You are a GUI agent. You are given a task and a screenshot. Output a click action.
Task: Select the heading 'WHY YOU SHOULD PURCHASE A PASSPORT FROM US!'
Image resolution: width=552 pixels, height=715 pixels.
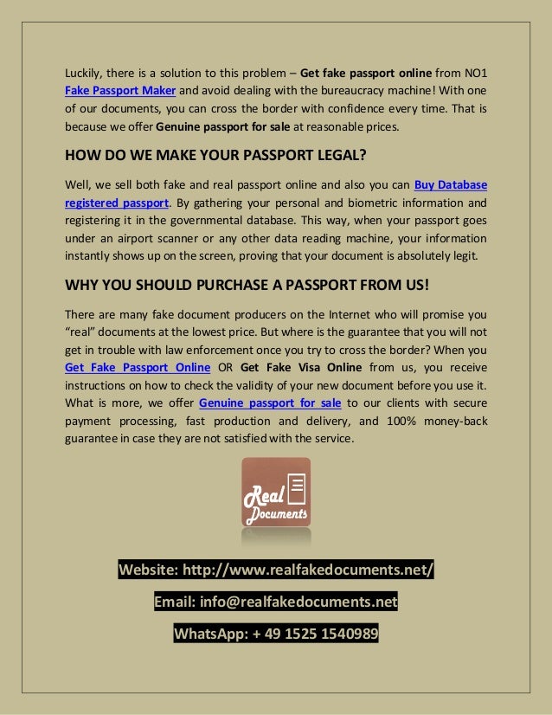[247, 287]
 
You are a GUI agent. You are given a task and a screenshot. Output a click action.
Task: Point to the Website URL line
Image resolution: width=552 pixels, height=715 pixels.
[276, 570]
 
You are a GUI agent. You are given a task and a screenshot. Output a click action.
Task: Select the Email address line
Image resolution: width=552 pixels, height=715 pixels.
[276, 602]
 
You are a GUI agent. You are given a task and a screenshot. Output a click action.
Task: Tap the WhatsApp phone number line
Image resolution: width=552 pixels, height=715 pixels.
[276, 634]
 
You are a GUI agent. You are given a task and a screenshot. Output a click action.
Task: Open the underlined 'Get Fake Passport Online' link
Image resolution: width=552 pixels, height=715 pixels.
[138, 367]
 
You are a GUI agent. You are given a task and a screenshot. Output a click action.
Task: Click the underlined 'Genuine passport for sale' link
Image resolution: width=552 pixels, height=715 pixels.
[271, 403]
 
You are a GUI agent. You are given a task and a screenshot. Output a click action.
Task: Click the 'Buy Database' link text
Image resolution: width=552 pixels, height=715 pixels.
[451, 184]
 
